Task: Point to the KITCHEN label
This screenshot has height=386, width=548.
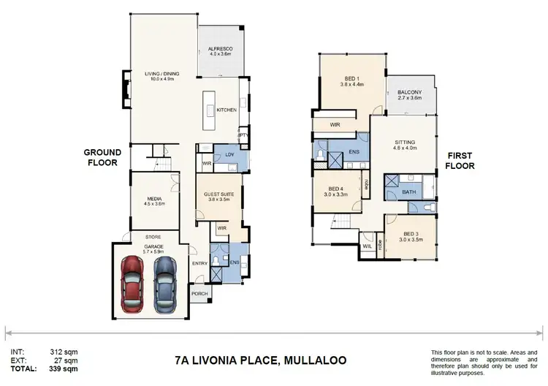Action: [227, 110]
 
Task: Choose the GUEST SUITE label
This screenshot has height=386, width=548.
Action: [218, 194]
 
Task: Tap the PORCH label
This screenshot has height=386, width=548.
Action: [199, 294]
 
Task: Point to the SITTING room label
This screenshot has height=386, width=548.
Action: [406, 143]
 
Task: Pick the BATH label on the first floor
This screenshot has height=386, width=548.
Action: [408, 192]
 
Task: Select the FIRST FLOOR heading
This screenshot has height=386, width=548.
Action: [460, 161]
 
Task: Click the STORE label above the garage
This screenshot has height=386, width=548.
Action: [153, 237]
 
